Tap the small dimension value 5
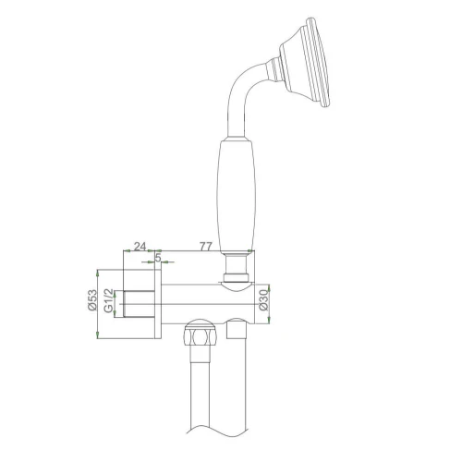[x=159, y=260]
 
